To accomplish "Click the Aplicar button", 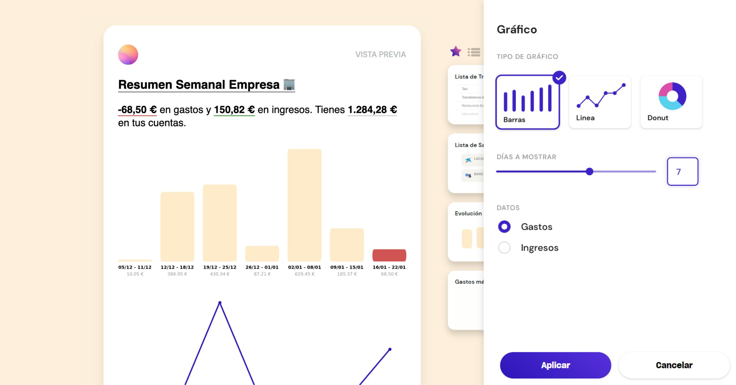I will coord(555,365).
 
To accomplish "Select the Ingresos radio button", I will coord(504,248).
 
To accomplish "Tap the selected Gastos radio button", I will coord(504,227).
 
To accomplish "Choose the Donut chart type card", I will coord(671,102).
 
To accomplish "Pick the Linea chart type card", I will coord(599,102).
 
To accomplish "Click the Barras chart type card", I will coord(527,102).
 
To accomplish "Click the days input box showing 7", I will coord(682,171).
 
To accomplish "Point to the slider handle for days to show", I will coord(589,171).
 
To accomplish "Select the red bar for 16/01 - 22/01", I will coord(389,255).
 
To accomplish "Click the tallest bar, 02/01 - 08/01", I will coord(304,205).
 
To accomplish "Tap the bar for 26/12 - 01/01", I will coord(262,253).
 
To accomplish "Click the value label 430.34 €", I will coord(219,274).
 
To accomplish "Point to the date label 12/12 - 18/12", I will coord(177,267).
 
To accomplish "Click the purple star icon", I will coord(455,52).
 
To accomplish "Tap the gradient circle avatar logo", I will coord(128,55).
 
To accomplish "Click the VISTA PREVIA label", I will coord(380,55).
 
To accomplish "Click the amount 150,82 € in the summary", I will coord(234,110).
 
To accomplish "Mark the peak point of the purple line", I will coord(220,303).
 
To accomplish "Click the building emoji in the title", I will coord(289,85).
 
